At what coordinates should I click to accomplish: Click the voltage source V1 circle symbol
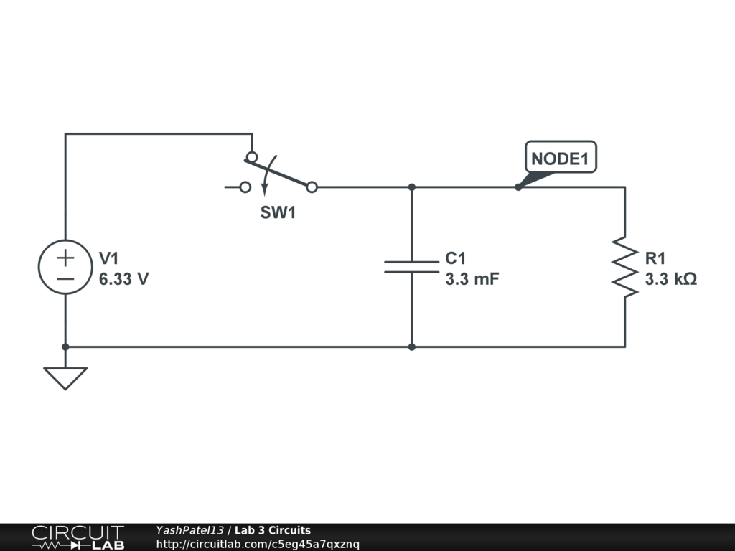pos(65,267)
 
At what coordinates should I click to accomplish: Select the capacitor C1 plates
pos(411,267)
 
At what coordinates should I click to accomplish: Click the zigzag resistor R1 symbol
pos(624,267)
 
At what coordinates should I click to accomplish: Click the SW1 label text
pos(278,213)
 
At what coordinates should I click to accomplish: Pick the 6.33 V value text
pos(124,280)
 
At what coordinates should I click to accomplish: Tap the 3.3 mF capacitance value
pos(472,280)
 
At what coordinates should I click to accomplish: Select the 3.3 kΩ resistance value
pos(670,280)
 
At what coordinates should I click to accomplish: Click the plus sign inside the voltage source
pos(65,257)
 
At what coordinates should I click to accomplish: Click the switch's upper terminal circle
pos(252,156)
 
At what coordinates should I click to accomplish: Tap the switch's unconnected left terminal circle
pos(245,187)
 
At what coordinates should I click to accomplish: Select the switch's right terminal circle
pos(312,187)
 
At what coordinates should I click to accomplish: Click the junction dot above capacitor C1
pos(411,187)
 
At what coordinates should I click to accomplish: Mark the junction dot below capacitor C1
pos(411,347)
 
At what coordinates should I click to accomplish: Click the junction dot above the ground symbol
pos(65,347)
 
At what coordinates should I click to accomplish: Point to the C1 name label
pos(456,258)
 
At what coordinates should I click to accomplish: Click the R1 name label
pos(655,258)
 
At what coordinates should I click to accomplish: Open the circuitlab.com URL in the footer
pos(258,545)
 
